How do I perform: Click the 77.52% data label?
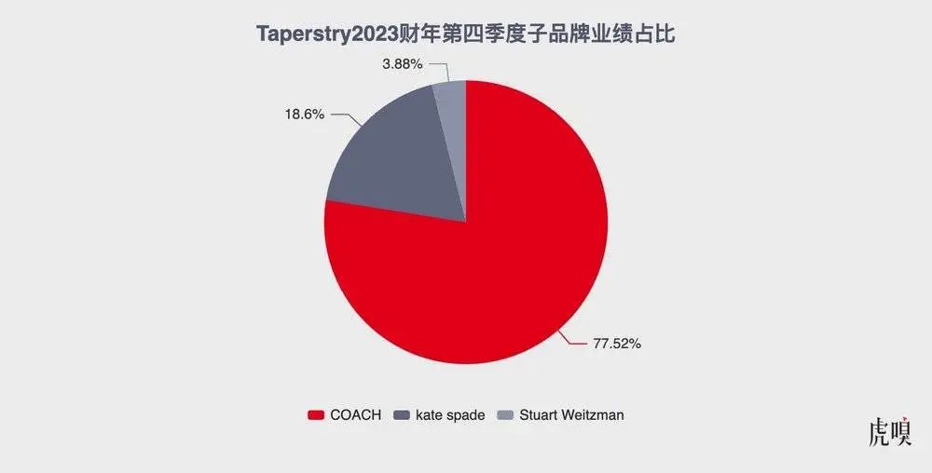[617, 343]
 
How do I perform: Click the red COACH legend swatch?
[315, 415]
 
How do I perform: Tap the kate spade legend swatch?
[402, 415]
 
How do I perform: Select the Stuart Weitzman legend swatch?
[503, 415]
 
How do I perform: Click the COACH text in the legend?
[355, 415]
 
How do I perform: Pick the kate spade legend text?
[451, 415]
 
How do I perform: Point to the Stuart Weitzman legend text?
[569, 415]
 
